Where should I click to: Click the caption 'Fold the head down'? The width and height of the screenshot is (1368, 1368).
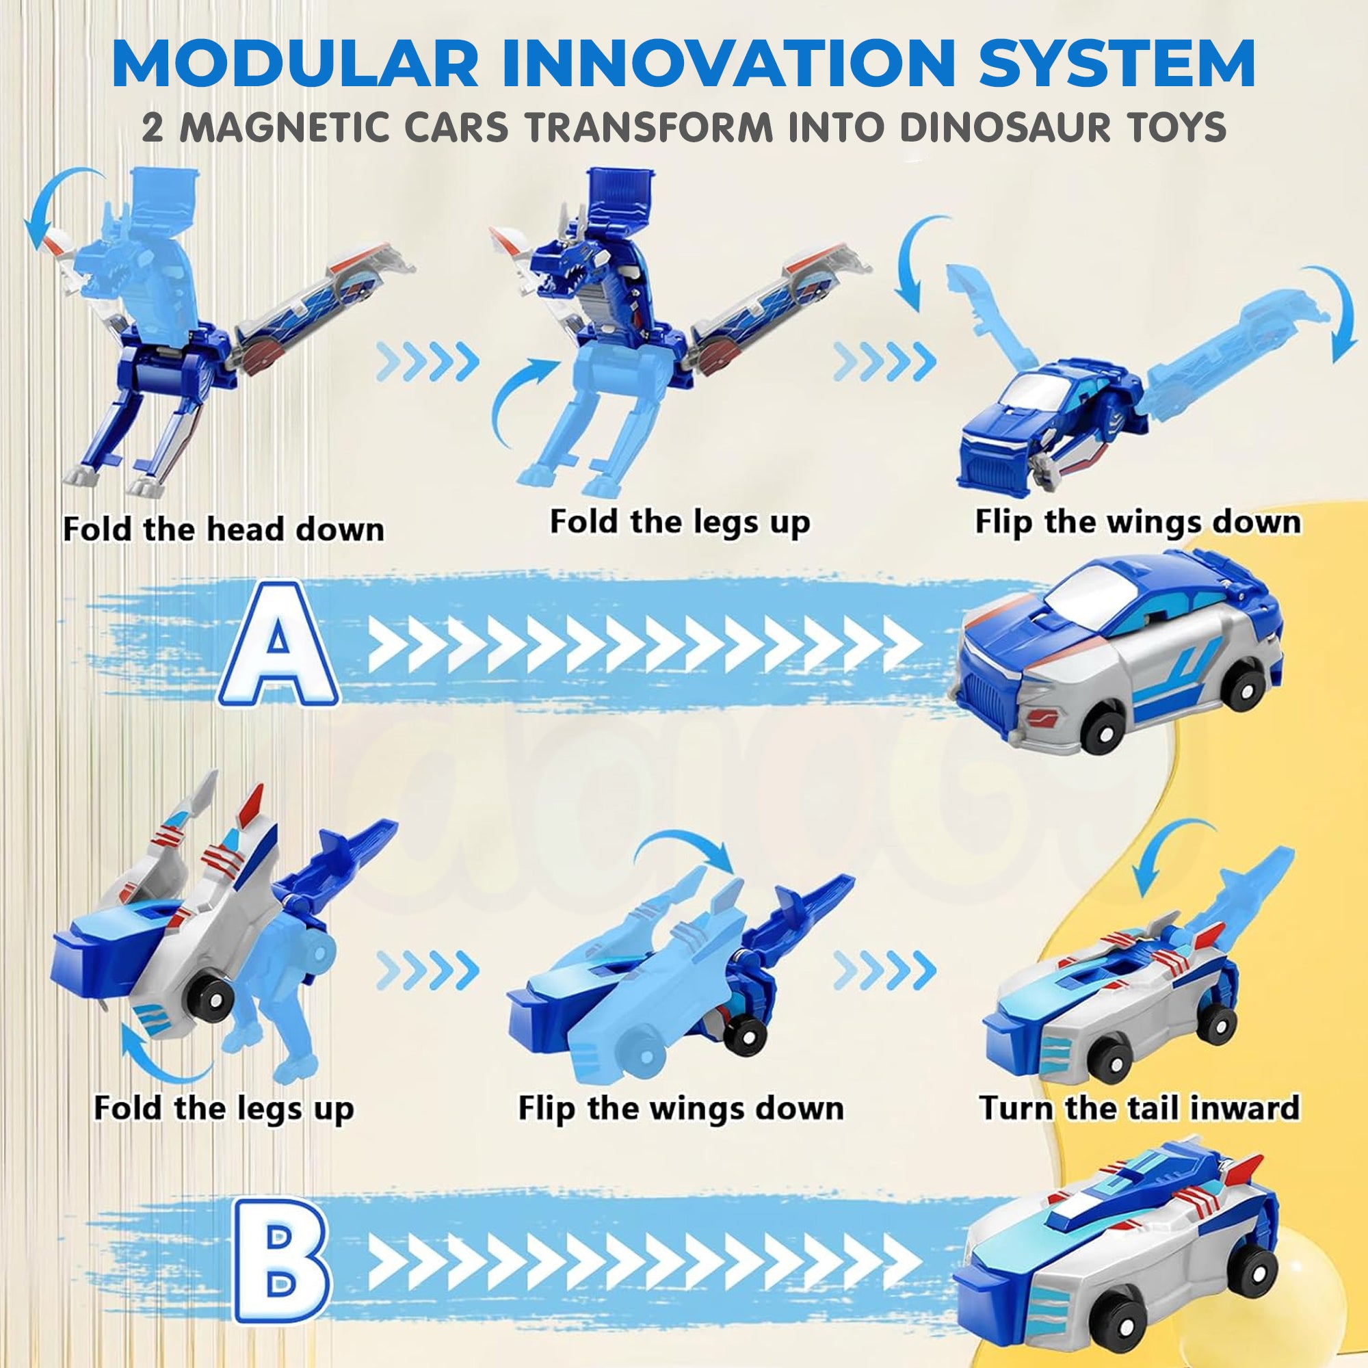[x=224, y=529]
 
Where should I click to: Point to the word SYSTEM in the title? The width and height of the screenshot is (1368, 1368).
[x=1118, y=66]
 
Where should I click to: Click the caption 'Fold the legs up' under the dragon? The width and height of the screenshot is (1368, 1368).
[x=680, y=523]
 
